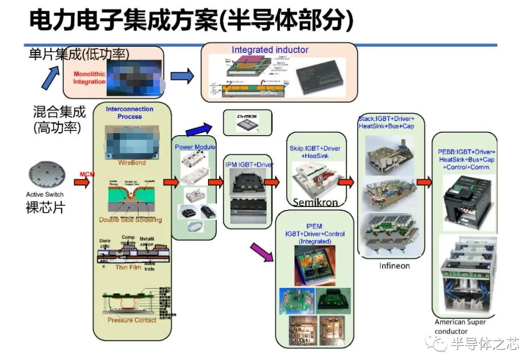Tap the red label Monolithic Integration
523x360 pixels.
click(89, 78)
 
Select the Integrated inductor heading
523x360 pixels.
click(270, 50)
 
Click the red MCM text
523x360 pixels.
click(85, 175)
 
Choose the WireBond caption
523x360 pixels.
click(132, 163)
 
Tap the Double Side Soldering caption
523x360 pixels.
click(130, 220)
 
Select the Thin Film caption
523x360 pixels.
click(129, 267)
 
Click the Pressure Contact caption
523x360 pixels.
click(132, 321)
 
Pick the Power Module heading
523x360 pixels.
click(195, 147)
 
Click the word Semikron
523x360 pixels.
click(315, 203)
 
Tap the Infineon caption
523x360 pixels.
click(394, 266)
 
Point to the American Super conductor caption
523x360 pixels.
click(459, 327)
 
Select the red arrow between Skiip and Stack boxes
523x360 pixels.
click(346, 182)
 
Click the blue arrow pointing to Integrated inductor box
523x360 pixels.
click(182, 76)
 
